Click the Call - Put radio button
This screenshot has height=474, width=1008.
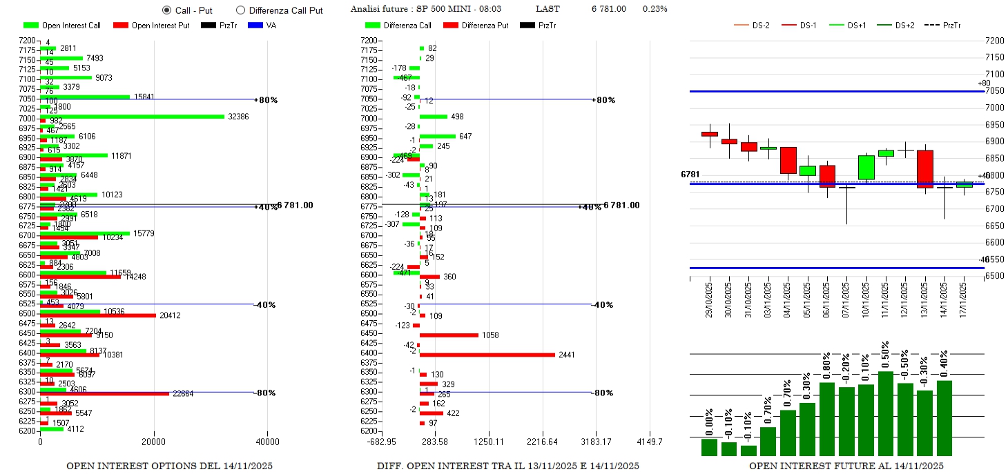[166, 10]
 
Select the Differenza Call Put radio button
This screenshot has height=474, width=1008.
[240, 10]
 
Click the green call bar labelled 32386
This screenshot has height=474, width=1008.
[132, 117]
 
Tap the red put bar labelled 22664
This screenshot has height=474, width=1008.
[104, 394]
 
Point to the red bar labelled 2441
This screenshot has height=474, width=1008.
[487, 355]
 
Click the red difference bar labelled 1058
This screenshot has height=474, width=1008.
[449, 335]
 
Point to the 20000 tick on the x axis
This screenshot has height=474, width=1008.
[153, 442]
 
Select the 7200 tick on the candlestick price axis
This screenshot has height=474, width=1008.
[994, 41]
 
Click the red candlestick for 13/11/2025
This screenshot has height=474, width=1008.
[925, 169]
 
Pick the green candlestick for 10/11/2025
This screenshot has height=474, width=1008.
[866, 167]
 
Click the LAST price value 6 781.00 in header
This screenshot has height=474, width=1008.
[609, 9]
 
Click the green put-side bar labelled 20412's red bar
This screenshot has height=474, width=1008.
[97, 315]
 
